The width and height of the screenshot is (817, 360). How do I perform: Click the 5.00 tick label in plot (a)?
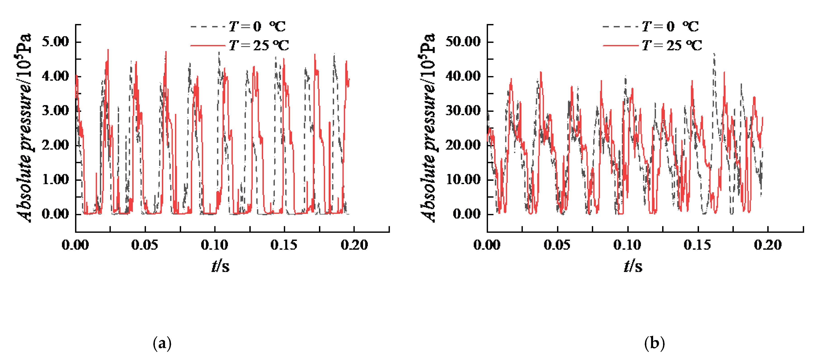(x=56, y=42)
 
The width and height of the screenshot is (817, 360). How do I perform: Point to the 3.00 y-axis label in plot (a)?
(x=56, y=111)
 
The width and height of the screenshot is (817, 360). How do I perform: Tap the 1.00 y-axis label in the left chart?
(x=56, y=179)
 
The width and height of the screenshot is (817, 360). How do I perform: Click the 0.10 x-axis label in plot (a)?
(x=214, y=245)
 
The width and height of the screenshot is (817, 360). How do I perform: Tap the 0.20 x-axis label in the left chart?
(x=354, y=245)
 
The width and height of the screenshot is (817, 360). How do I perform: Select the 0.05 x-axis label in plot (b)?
(x=557, y=245)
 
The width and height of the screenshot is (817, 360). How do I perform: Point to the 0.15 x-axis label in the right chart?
(x=697, y=245)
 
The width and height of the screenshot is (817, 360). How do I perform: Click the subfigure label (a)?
(x=162, y=343)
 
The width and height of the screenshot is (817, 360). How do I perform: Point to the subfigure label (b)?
(x=654, y=343)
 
